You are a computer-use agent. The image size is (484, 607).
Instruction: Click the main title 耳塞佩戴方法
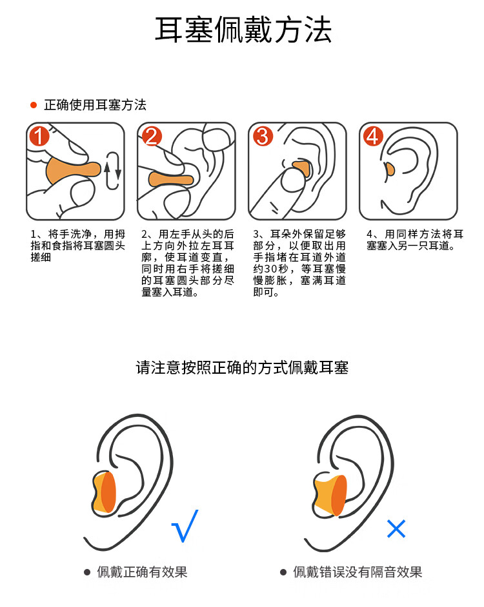[x=243, y=30]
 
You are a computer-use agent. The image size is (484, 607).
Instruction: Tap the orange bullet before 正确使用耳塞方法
[x=34, y=105]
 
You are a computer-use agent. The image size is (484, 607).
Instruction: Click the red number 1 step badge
[x=39, y=136]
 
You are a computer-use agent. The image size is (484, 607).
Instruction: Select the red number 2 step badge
[x=151, y=136]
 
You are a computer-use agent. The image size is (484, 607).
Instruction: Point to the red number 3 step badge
[x=263, y=136]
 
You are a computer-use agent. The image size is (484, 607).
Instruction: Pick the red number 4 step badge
[x=373, y=136]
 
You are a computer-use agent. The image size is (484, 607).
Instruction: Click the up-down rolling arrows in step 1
[x=112, y=171]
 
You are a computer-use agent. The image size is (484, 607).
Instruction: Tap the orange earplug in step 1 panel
[x=73, y=171]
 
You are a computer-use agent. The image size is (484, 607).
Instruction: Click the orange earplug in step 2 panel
[x=170, y=180]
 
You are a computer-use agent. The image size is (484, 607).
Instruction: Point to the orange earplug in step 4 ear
[x=389, y=169]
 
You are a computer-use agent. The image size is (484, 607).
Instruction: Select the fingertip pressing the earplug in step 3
[x=293, y=180]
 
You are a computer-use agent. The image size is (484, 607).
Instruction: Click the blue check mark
[x=185, y=526]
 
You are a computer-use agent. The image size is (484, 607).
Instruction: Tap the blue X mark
[x=396, y=529]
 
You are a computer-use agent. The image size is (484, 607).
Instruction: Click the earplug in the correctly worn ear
[x=104, y=494]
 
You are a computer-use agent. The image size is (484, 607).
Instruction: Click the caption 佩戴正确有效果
[x=142, y=572]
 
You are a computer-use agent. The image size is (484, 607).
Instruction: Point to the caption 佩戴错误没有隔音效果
[x=357, y=572]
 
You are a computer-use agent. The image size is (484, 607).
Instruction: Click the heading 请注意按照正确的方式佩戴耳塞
[x=242, y=368]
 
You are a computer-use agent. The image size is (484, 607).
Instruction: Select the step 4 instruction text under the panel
[x=415, y=240]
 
